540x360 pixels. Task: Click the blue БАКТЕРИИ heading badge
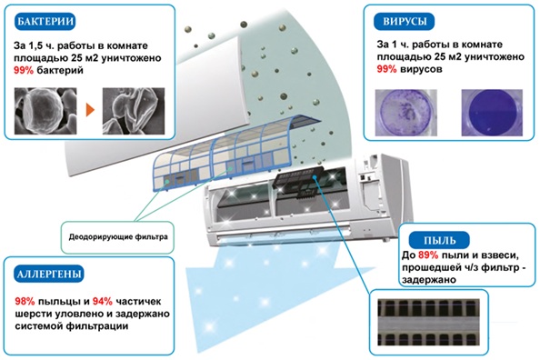tap(45, 21)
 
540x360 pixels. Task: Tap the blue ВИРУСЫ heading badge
tap(405, 21)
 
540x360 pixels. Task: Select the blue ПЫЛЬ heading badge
tap(439, 240)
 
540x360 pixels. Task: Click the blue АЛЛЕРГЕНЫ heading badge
tap(49, 274)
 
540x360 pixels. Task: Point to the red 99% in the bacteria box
tap(24, 70)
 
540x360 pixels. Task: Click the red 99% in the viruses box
tap(386, 69)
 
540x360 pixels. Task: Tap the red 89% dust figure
tap(428, 255)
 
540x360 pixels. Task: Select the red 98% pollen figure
tap(25, 302)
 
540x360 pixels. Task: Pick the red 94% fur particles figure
tap(103, 302)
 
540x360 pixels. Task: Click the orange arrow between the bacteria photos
tap(90, 110)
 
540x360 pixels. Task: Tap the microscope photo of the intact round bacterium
tap(45, 111)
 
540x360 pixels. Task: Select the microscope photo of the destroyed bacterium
tap(134, 111)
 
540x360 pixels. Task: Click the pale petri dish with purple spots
tap(406, 113)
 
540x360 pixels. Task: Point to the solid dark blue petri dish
tap(492, 113)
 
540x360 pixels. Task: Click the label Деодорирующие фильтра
tap(118, 237)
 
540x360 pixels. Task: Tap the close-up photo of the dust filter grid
tap(428, 323)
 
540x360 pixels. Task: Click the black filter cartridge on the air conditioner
tap(299, 183)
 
